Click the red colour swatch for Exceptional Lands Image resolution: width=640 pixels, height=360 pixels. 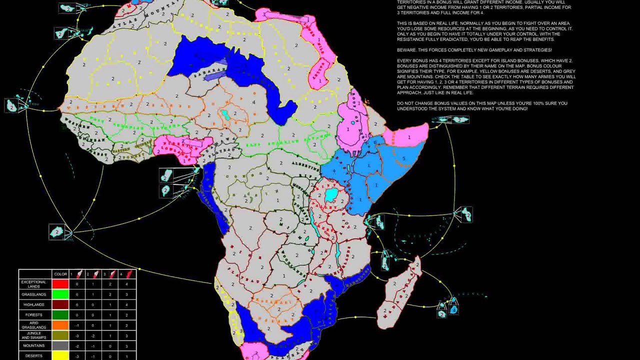point(60,284)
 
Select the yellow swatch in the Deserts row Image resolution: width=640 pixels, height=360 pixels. point(60,356)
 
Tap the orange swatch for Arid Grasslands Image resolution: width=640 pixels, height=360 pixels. point(60,325)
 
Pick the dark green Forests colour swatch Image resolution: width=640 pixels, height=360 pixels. point(60,315)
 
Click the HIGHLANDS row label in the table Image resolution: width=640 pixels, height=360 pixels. point(33,304)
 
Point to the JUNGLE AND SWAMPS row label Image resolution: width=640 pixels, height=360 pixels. point(33,335)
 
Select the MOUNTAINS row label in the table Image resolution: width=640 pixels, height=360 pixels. point(33,346)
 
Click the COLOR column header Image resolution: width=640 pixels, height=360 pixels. point(60,274)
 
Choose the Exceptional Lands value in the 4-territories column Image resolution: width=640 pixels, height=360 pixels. point(126,284)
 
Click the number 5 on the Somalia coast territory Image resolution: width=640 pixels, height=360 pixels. point(404,159)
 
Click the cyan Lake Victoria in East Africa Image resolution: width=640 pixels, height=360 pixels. point(331,194)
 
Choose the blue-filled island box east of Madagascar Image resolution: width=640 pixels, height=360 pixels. point(453,309)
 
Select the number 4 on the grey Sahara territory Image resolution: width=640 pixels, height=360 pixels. point(254,102)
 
